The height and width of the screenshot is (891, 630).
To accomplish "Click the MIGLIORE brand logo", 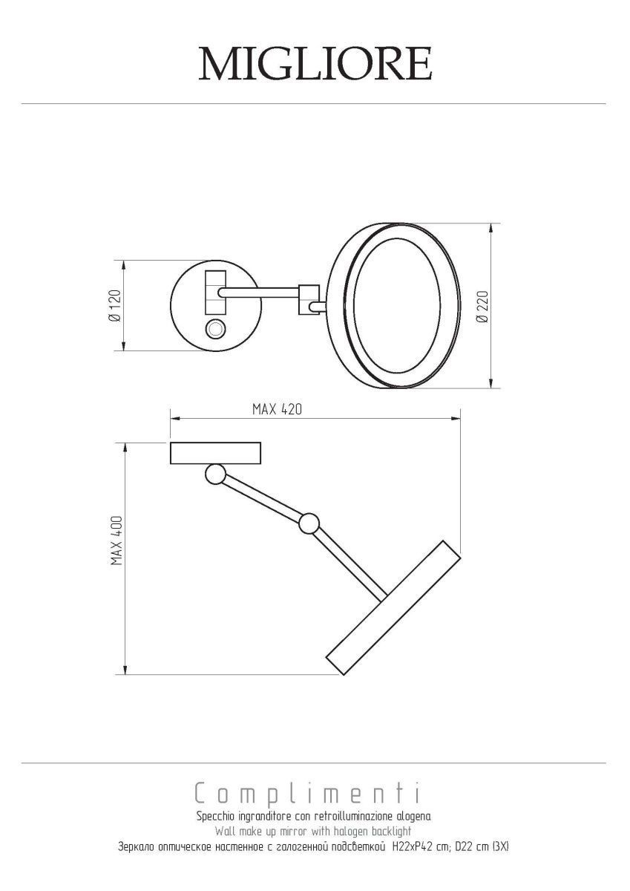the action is pyautogui.click(x=315, y=64).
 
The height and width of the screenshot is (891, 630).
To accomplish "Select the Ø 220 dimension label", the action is pyautogui.click(x=483, y=306).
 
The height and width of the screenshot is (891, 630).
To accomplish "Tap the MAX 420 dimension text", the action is pyautogui.click(x=277, y=409).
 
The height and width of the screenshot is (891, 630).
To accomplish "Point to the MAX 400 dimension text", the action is pyautogui.click(x=117, y=541).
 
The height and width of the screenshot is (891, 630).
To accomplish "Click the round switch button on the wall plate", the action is pyautogui.click(x=216, y=330).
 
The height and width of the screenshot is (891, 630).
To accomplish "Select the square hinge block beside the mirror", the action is pyautogui.click(x=309, y=299).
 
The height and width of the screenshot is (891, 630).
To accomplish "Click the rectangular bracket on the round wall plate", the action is pyautogui.click(x=215, y=293).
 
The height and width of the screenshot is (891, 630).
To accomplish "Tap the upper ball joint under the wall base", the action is pyautogui.click(x=215, y=474).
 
